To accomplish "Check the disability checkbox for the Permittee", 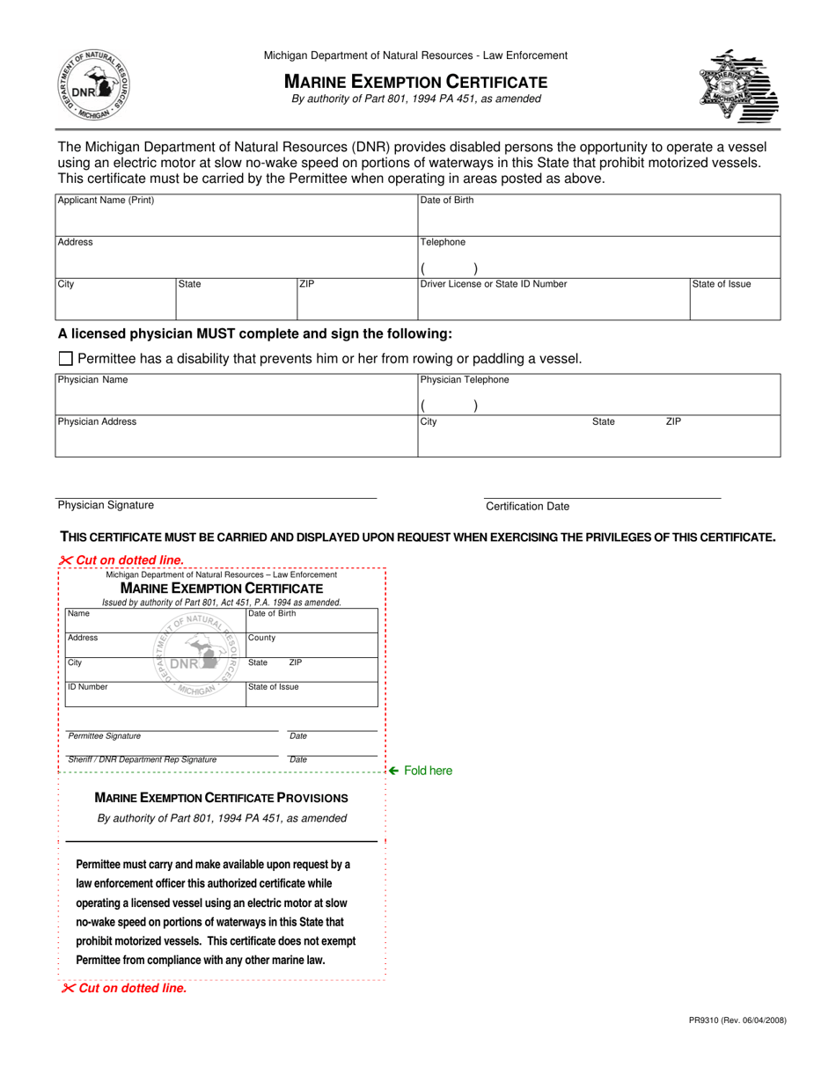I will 65,359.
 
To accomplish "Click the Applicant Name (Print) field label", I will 106,201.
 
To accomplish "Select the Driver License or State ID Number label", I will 494,284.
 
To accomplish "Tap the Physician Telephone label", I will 465,380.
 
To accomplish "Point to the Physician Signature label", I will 106,505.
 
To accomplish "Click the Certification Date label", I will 527,507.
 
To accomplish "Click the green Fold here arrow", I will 395,771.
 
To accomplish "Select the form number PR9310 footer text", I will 737,1020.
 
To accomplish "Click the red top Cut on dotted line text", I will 122,559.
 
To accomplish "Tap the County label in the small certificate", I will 261,638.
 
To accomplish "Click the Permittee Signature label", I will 104,736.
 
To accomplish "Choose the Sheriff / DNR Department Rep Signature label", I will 143,759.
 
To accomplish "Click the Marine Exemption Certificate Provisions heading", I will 221,798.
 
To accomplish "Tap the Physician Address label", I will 97,422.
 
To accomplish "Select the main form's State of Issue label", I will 722,284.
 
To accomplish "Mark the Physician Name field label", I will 92,380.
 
